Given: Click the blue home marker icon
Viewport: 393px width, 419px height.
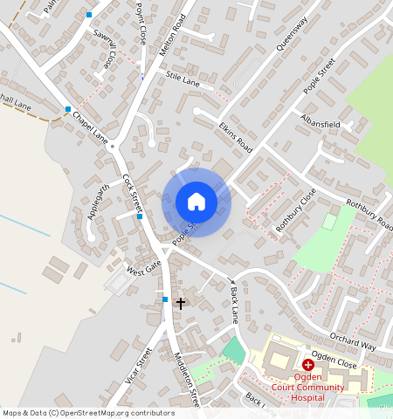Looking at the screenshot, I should tap(196, 202).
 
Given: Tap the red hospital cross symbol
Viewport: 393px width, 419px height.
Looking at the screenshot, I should tap(308, 364).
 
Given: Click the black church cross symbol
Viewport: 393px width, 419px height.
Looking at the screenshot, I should tap(181, 303).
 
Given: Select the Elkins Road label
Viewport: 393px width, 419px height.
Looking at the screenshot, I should tap(235, 137).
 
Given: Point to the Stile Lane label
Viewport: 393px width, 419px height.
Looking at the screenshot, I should tap(183, 80).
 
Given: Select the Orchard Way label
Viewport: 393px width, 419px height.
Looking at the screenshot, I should tap(353, 340).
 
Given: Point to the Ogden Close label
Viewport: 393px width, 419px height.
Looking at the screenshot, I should tap(334, 361).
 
